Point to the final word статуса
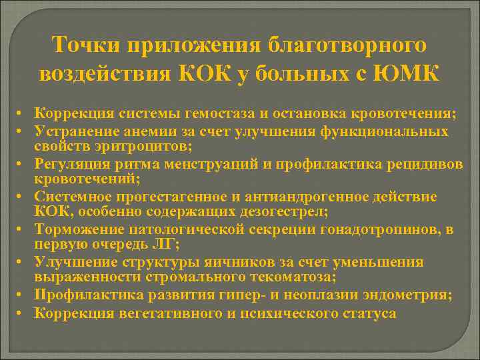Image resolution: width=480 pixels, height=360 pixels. point(366,312)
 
